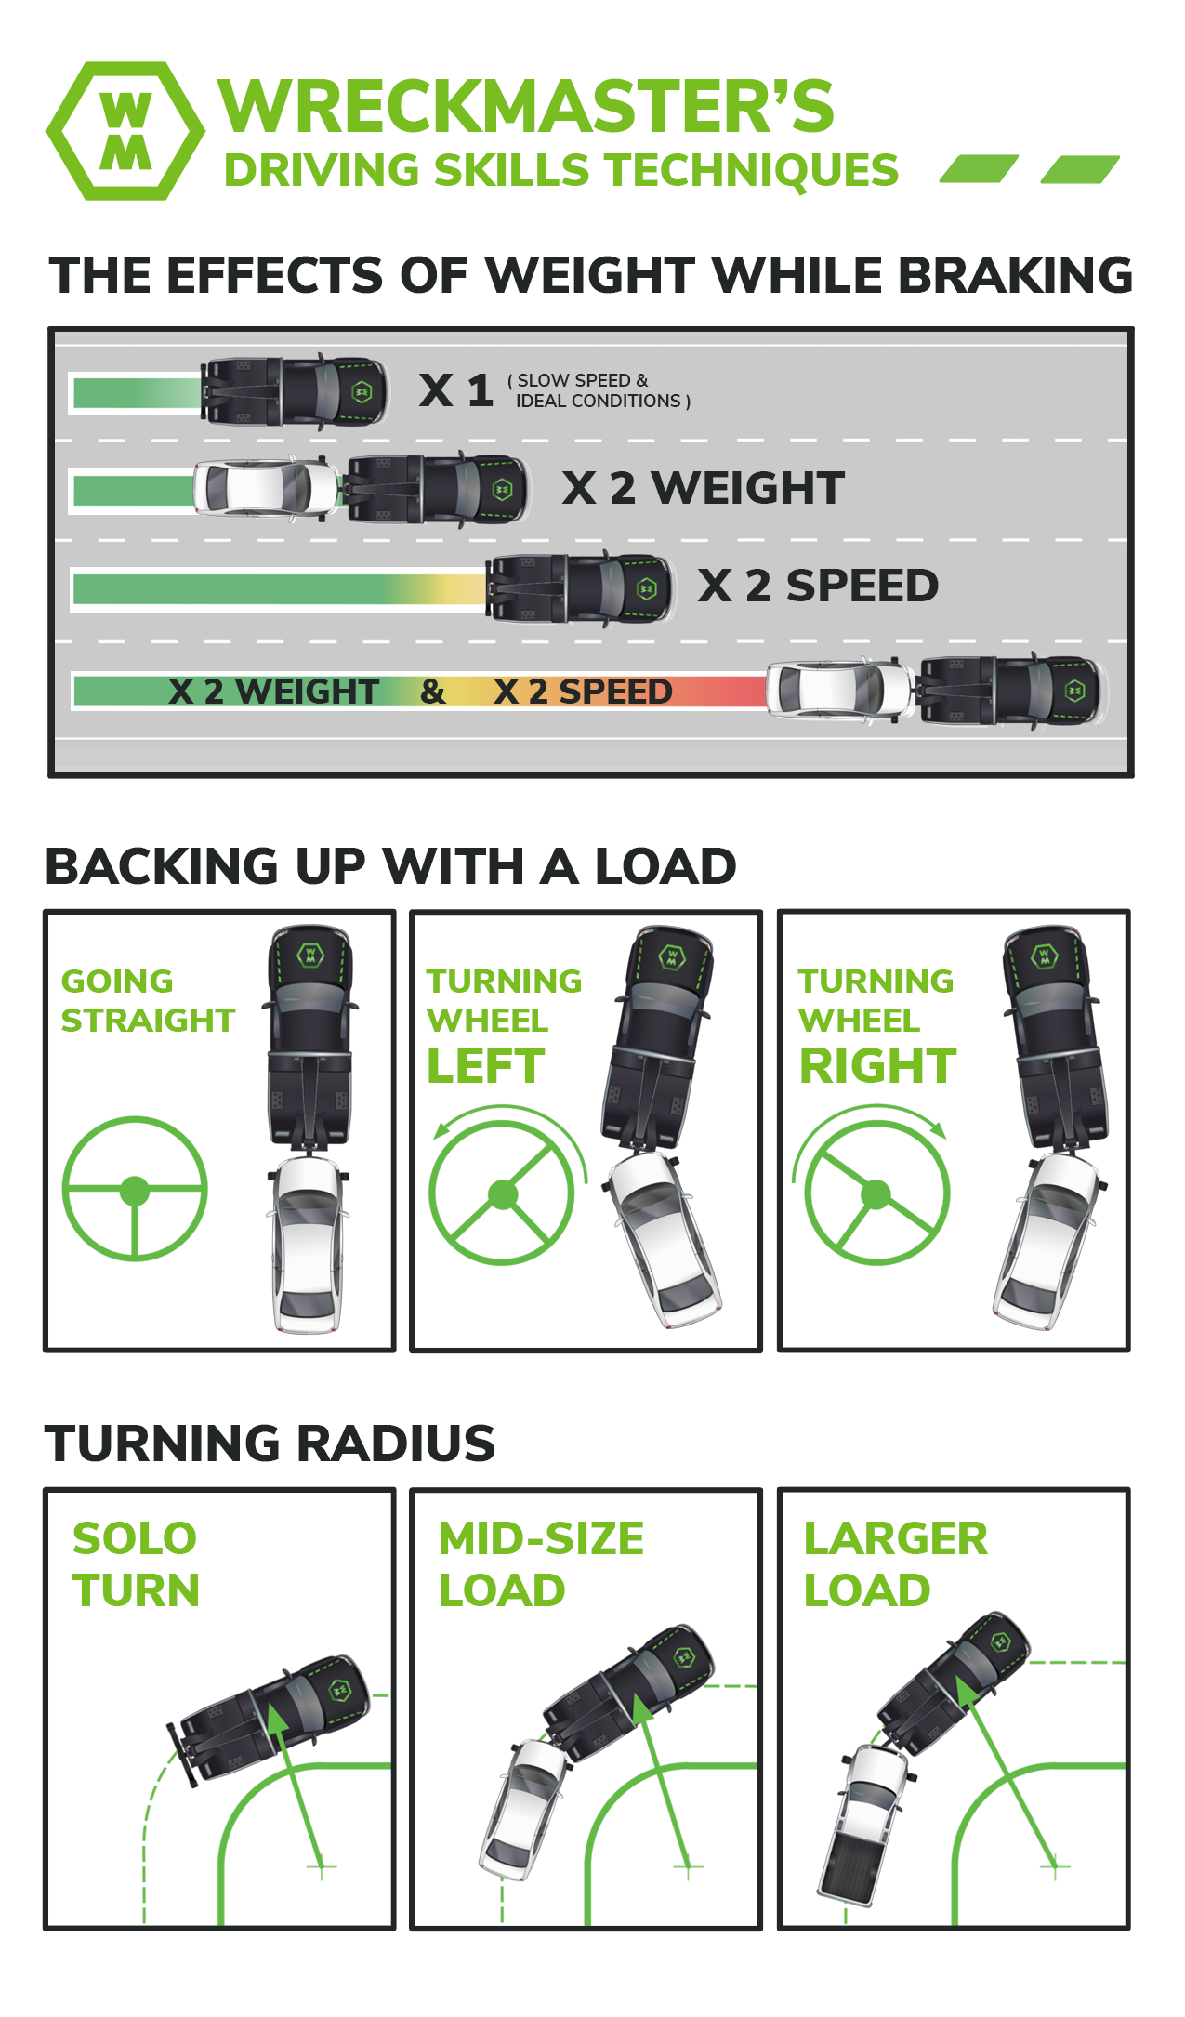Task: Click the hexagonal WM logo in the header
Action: [125, 131]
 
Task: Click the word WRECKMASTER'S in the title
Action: [525, 107]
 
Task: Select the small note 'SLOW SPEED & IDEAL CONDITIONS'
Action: [599, 391]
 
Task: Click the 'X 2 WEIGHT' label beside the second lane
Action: [704, 488]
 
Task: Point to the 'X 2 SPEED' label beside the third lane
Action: [818, 586]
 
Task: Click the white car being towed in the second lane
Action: [265, 487]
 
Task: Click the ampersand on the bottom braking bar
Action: [432, 692]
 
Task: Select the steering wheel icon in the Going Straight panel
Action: [135, 1189]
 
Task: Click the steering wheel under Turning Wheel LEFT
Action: [503, 1193]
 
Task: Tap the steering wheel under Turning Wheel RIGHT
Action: [876, 1193]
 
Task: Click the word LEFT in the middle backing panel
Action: [486, 1066]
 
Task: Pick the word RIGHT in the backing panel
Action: [877, 1066]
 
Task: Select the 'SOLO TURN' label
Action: [136, 1564]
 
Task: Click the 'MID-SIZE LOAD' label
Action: [540, 1564]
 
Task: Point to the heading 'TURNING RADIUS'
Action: [270, 1444]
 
